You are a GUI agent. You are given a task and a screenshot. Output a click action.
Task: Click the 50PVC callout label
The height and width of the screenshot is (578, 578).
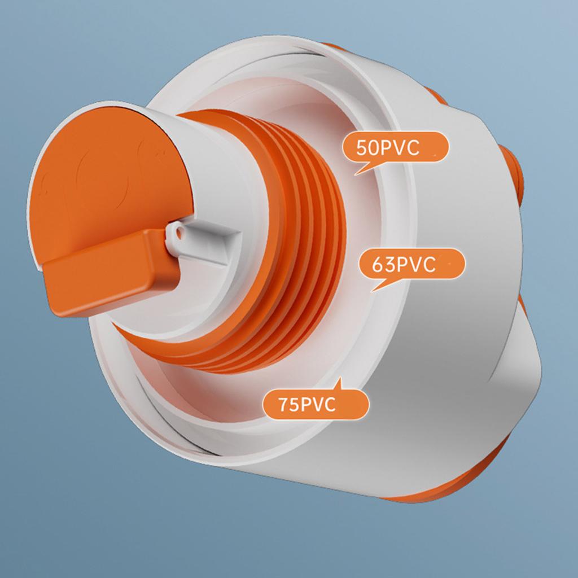point(395,148)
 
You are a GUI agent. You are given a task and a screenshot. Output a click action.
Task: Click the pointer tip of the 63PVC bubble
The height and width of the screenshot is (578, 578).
point(371,291)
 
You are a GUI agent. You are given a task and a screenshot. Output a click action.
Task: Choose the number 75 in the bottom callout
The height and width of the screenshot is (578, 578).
point(287,405)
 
